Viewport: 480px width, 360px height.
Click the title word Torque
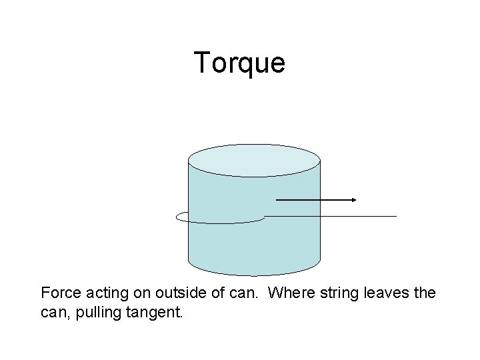[240, 63]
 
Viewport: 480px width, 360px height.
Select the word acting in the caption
[104, 292]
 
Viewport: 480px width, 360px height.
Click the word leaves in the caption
[387, 292]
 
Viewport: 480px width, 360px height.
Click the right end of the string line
[395, 216]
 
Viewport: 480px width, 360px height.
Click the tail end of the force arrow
[277, 199]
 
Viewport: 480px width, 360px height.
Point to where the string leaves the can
[265, 216]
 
